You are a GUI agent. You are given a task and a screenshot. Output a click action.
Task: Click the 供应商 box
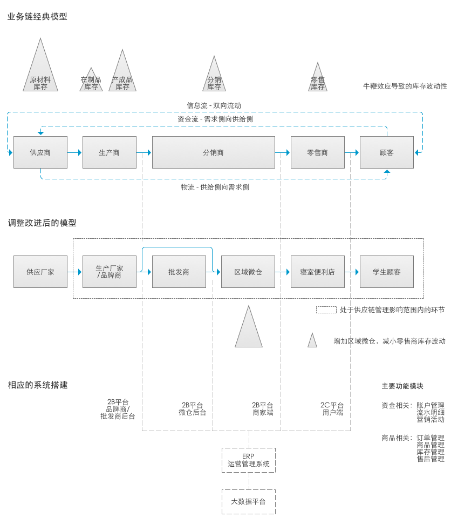tap(40, 152)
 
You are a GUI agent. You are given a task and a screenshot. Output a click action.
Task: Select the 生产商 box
tap(110, 152)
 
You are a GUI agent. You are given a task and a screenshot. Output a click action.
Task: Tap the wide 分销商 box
tap(213, 152)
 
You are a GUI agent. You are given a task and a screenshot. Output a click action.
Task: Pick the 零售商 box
tap(317, 152)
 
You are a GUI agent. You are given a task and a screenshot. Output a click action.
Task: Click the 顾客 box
tap(387, 152)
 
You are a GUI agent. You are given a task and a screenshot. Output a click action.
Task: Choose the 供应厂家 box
tap(40, 272)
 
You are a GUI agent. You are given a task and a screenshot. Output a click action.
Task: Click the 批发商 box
tap(179, 272)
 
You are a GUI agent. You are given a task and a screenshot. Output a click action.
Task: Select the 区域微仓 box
tap(248, 272)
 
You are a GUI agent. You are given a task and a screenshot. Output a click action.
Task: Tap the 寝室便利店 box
tap(317, 272)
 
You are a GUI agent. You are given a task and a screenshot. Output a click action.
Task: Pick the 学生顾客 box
tap(387, 272)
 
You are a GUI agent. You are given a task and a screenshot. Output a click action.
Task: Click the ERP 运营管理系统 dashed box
tap(249, 460)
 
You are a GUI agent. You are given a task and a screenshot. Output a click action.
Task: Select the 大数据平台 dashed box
tap(249, 501)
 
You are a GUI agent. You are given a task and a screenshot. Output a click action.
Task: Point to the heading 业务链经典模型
tap(37, 17)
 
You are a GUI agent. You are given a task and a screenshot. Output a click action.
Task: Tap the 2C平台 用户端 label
tap(332, 409)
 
